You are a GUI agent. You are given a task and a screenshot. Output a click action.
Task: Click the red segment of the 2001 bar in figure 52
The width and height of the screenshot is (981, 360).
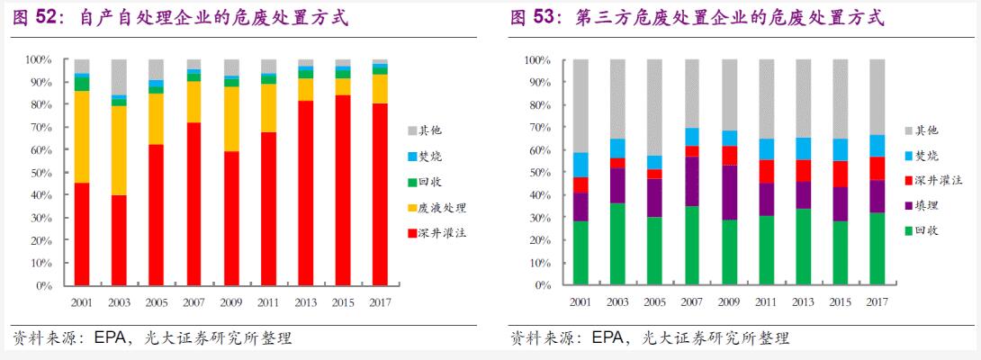coord(82,234)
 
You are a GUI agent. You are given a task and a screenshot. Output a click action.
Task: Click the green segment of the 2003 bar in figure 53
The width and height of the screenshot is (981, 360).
coord(617,244)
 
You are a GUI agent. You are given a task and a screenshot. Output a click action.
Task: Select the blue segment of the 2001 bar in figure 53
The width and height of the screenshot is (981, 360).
coord(580,165)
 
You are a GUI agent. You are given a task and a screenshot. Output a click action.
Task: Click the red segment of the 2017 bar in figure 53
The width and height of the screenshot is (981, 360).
coord(877,168)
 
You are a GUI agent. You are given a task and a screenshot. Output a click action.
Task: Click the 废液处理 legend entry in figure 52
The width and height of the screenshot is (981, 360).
coord(442,208)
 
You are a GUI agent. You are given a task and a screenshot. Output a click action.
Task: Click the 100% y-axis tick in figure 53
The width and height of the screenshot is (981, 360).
coord(535,60)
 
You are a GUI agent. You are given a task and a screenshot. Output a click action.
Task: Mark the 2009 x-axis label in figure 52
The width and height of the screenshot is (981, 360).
coord(231,302)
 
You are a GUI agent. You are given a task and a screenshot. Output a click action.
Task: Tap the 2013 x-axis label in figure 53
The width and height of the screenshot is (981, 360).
coord(803,302)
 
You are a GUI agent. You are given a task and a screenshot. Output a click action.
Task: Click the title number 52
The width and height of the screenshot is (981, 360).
coord(47,17)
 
